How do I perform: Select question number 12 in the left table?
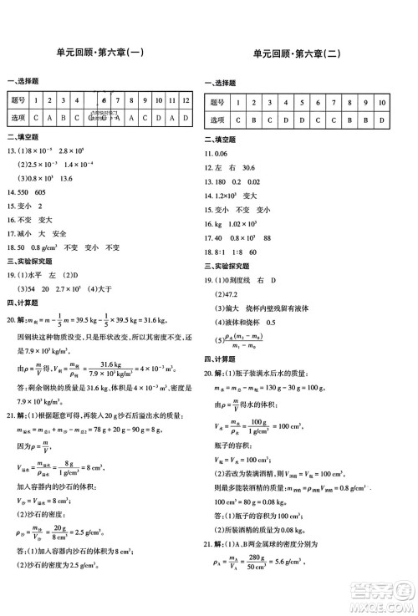pyautogui.click(x=185, y=99)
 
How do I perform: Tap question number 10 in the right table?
pyautogui.click(x=382, y=102)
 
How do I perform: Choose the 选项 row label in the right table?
pyautogui.click(x=218, y=120)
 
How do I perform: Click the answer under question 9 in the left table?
pyautogui.click(x=145, y=117)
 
